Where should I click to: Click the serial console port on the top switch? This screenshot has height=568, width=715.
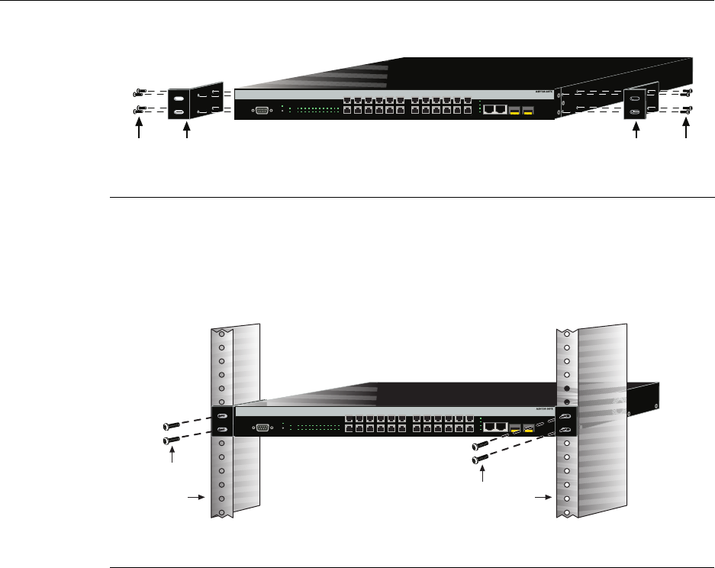click(260, 110)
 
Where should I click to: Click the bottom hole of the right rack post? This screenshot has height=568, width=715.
click(567, 511)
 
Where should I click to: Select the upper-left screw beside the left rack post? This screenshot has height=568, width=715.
click(172, 426)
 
